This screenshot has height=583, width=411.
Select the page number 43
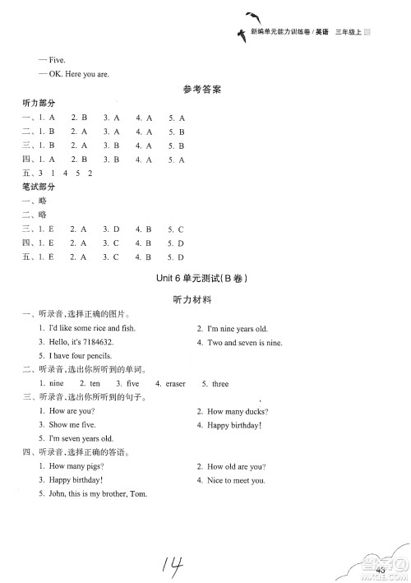tap(381, 571)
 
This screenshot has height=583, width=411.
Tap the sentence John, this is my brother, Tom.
tap(97, 493)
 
